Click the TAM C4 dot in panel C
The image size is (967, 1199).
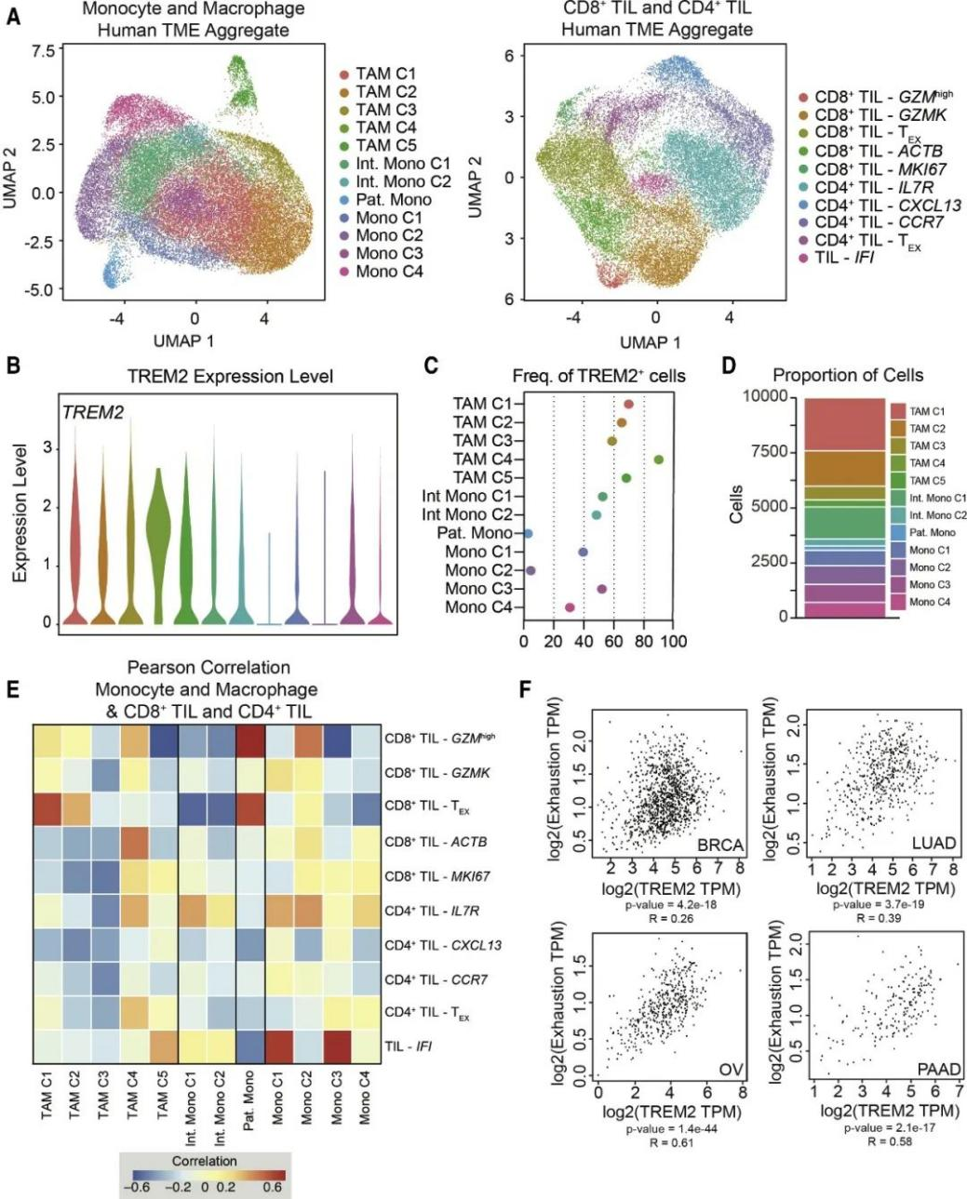[659, 460]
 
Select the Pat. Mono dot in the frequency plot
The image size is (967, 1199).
[528, 533]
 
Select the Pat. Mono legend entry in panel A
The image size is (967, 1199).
[394, 200]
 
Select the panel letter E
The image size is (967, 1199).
[12, 688]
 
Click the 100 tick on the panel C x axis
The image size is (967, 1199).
[673, 642]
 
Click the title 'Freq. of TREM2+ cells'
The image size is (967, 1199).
[598, 376]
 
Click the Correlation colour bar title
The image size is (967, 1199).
[204, 1161]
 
